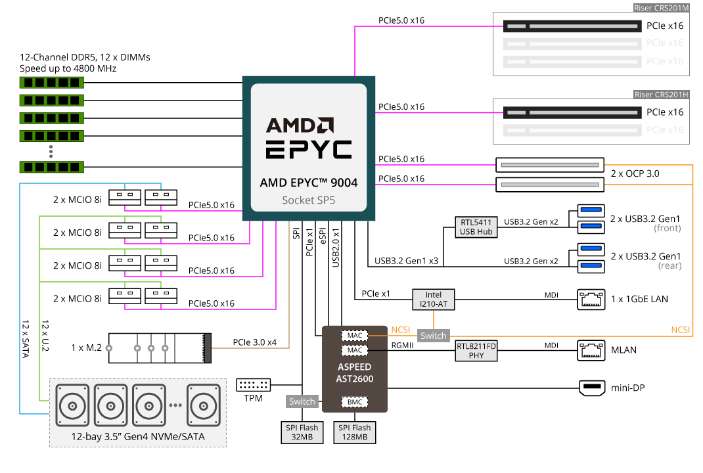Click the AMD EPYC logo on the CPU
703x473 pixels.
click(x=308, y=139)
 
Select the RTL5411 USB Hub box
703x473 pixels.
click(x=476, y=227)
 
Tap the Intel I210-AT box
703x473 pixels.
click(x=433, y=300)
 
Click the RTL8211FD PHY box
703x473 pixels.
click(x=476, y=350)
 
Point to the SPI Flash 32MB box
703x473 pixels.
click(x=301, y=432)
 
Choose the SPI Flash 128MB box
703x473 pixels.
click(x=355, y=432)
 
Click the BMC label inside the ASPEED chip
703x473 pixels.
click(x=355, y=401)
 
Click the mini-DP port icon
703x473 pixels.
click(x=592, y=388)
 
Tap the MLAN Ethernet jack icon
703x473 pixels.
click(x=589, y=350)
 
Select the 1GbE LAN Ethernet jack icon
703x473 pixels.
click(x=589, y=299)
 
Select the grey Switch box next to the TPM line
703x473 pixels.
click(x=302, y=401)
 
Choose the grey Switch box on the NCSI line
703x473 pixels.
click(x=433, y=336)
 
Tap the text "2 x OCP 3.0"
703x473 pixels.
click(x=635, y=174)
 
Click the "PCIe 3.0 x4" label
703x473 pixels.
click(x=256, y=342)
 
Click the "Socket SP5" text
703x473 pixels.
click(x=308, y=200)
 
